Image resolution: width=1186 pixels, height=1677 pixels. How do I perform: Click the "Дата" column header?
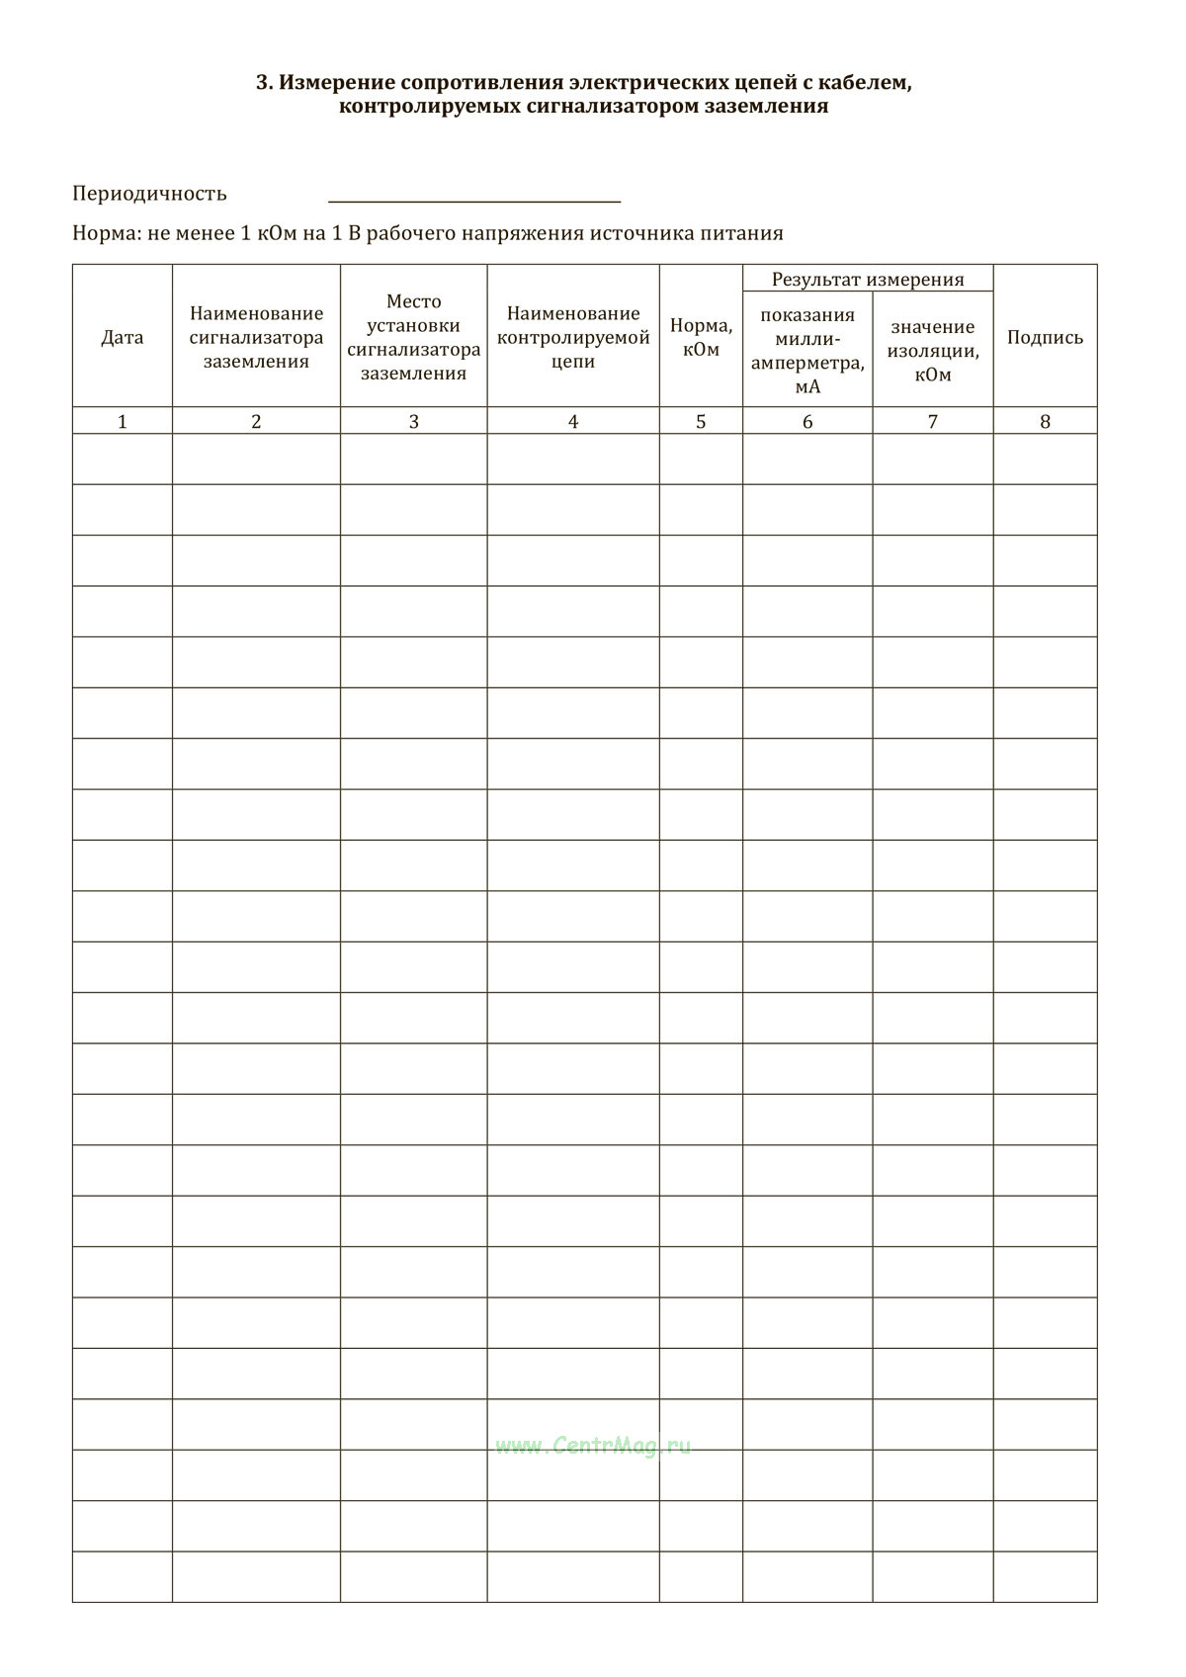pos(123,337)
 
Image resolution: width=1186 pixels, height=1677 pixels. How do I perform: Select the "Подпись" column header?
pos(1045,337)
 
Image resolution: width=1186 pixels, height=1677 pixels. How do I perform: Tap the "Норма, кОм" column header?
pos(701,337)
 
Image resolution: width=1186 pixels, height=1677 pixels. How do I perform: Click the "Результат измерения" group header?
pos(868,280)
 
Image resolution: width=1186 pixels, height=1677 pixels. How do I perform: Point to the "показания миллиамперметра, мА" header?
pos(807,350)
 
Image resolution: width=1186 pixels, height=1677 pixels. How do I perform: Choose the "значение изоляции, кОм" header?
pos(932,350)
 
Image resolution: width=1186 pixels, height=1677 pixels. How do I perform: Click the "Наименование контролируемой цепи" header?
pos(573,337)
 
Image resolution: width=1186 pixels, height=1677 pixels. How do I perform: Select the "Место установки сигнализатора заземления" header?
pos(413,337)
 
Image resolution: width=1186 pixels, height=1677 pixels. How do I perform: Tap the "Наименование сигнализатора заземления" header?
pos(256,337)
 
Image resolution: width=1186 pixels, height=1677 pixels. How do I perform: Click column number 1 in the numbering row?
pos(123,422)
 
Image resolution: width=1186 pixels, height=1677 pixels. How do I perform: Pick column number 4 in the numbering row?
pos(573,422)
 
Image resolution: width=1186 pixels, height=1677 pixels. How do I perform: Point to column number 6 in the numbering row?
pos(807,422)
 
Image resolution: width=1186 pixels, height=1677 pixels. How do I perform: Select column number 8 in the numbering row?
pos(1045,422)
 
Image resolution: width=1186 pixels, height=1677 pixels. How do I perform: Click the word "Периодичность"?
pos(149,194)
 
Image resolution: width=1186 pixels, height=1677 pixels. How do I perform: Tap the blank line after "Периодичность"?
pos(474,198)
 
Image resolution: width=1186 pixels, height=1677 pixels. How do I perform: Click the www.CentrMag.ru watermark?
pos(593,1446)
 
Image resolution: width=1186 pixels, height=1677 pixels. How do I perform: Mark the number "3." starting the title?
pos(264,83)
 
